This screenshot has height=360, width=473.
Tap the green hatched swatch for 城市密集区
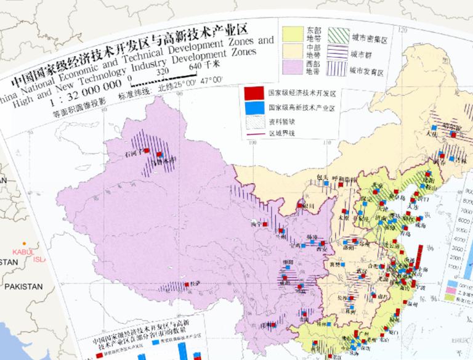coord(337,35)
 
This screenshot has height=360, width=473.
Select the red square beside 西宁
coord(265,226)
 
